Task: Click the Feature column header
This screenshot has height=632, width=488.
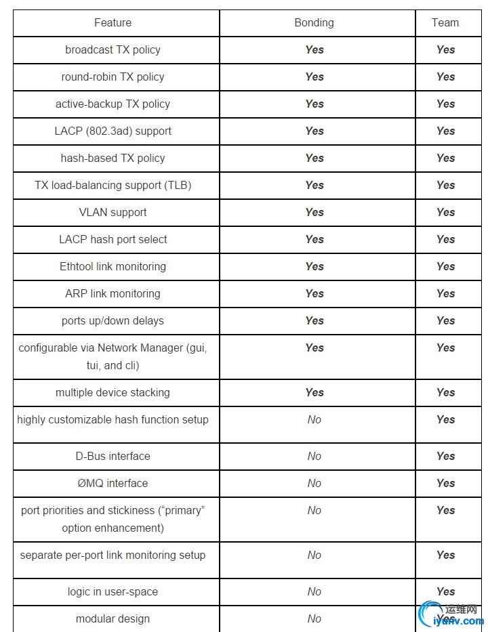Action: pyautogui.click(x=113, y=23)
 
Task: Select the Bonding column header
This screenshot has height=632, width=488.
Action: pyautogui.click(x=314, y=23)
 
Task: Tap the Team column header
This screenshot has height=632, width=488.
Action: pyautogui.click(x=445, y=23)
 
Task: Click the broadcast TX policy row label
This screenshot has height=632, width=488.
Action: pyautogui.click(x=113, y=50)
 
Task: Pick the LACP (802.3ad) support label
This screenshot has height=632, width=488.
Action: pyautogui.click(x=113, y=131)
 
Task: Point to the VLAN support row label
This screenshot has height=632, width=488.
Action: pyautogui.click(x=113, y=213)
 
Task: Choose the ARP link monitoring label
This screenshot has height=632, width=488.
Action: pyautogui.click(x=113, y=294)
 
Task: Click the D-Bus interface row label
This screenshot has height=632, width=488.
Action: pyautogui.click(x=113, y=457)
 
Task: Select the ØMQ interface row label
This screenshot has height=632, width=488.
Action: pyautogui.click(x=113, y=484)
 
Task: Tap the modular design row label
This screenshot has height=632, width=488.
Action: pyautogui.click(x=113, y=619)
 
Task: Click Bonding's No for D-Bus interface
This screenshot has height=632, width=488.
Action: pyautogui.click(x=314, y=457)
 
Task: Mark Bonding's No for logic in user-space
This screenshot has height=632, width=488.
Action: pyautogui.click(x=314, y=592)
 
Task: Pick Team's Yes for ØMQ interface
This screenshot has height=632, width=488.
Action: pyautogui.click(x=445, y=484)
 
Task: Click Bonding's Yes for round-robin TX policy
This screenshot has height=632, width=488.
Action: pyautogui.click(x=314, y=77)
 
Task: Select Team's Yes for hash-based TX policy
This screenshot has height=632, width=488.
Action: pyautogui.click(x=445, y=159)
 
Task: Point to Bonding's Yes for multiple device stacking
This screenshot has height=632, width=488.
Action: pyautogui.click(x=314, y=393)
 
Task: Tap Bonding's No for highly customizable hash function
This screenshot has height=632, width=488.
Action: pyautogui.click(x=314, y=420)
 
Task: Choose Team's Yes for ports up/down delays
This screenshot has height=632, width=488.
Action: pyautogui.click(x=445, y=321)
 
